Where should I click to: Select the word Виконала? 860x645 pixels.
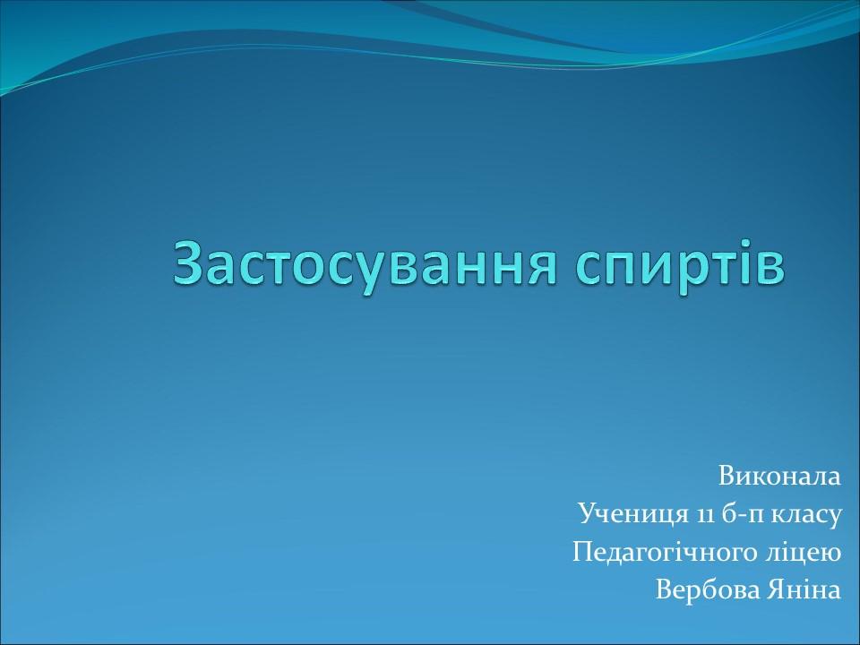pos(779,476)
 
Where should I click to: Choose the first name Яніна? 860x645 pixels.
pos(805,590)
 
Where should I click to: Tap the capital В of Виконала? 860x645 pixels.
pos(725,476)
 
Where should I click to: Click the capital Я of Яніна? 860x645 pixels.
pos(777,590)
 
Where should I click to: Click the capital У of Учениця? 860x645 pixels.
pos(587,514)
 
